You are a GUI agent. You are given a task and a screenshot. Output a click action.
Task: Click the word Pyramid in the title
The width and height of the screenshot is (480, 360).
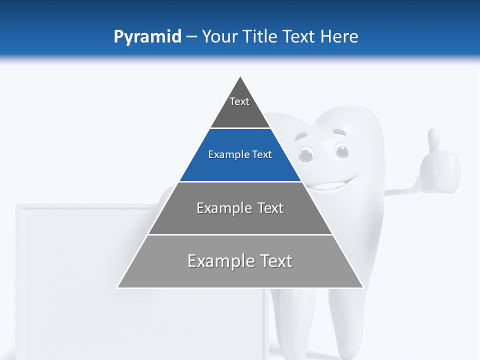point(147,37)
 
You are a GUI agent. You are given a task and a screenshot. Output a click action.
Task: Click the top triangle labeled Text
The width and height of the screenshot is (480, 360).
point(240,107)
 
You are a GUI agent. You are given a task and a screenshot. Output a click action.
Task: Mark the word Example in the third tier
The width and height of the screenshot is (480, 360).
point(219,208)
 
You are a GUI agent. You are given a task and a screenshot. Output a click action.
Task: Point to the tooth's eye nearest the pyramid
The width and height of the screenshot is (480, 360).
point(305,153)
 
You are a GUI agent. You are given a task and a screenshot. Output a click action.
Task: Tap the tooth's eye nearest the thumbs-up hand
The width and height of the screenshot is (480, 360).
point(342,150)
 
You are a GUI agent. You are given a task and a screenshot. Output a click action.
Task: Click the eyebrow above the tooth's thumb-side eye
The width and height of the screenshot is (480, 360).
point(340,133)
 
